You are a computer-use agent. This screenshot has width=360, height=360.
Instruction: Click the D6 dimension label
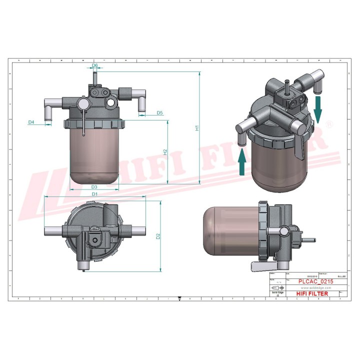point(95,65)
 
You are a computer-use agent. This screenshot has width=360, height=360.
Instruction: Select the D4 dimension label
point(31,122)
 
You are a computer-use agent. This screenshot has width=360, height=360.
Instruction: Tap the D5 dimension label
point(159,113)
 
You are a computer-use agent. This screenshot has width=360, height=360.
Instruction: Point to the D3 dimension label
point(94,186)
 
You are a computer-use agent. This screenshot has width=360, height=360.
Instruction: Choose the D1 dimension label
point(94,193)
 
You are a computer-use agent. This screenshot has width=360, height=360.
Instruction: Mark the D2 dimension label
point(158,236)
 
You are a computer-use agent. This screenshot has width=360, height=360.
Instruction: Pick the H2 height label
point(165,151)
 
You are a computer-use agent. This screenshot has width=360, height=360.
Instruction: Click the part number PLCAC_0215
point(315,281)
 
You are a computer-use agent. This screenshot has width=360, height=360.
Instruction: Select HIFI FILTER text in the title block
point(312,294)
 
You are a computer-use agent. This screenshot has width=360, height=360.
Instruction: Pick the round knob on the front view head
point(82,104)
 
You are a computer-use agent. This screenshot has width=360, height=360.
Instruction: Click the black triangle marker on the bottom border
point(179,298)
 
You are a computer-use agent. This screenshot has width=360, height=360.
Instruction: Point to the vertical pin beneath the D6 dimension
point(93,80)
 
